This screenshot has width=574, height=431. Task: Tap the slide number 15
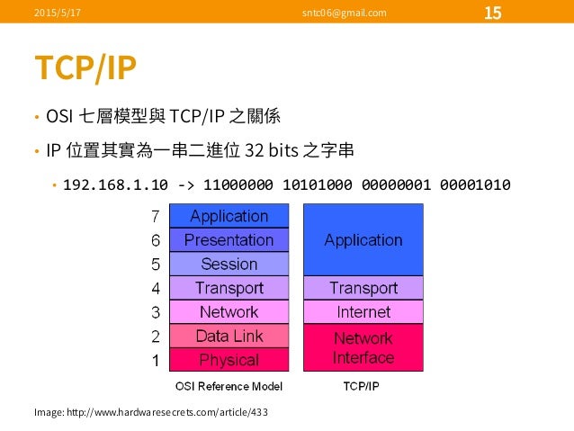click(x=493, y=13)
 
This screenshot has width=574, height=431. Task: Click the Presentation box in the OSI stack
click(x=229, y=240)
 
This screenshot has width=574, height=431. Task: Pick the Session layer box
click(x=229, y=265)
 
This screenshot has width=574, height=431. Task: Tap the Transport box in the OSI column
click(x=229, y=288)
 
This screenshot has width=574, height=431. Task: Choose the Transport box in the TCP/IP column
click(x=363, y=288)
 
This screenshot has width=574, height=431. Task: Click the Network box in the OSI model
click(x=229, y=312)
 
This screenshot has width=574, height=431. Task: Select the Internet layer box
click(x=363, y=312)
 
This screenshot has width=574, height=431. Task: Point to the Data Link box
click(x=229, y=336)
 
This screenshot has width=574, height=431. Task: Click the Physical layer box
click(x=229, y=360)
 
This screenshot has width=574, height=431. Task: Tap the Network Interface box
click(x=363, y=347)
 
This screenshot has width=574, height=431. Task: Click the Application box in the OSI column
click(x=229, y=216)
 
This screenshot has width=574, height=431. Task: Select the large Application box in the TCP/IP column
click(x=363, y=239)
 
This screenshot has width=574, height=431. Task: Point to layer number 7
click(x=154, y=217)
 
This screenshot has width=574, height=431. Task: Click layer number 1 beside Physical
click(x=154, y=361)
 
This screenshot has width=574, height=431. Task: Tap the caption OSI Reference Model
click(x=228, y=387)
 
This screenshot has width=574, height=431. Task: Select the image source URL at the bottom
click(x=150, y=411)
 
